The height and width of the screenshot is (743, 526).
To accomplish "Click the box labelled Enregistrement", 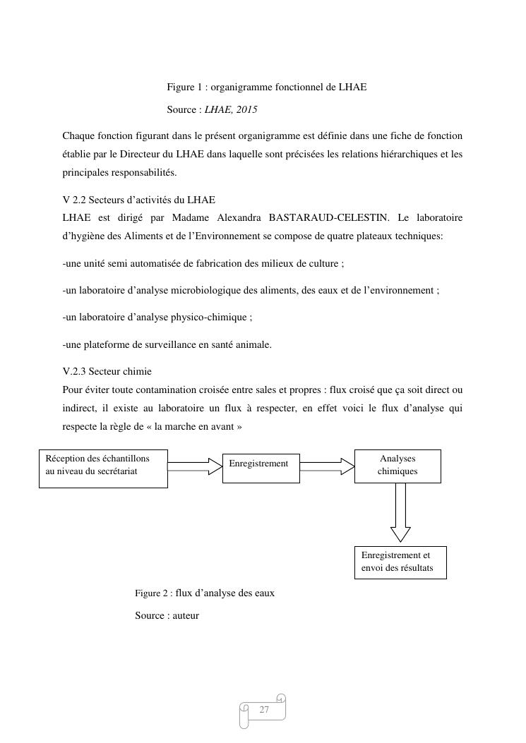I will point(261,468).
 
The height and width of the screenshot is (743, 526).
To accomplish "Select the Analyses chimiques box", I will point(398,466).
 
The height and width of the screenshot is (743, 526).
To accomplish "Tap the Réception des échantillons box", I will point(102,469).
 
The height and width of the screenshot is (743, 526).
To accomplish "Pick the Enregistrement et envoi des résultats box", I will point(400,562).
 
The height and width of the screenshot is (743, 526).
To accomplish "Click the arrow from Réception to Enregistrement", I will point(195,466).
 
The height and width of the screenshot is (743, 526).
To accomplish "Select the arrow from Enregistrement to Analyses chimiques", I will point(327,466).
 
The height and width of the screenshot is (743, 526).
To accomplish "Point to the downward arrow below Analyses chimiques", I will point(400,513).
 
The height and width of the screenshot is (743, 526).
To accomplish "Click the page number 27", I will point(265,710).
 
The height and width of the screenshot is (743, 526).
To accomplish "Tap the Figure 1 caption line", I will point(266,87).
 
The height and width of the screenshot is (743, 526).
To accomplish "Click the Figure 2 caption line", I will point(205,593).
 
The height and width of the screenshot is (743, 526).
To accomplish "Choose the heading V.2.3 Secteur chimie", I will point(107,372).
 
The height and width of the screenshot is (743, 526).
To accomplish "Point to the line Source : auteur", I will point(167,616).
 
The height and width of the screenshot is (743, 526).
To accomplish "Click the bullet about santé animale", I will point(167,345).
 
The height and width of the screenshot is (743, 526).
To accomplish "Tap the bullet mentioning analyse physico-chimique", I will point(157,318).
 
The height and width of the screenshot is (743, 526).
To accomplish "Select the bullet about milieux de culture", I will point(203,264).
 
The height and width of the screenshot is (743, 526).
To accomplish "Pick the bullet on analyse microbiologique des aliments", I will point(251,291).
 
